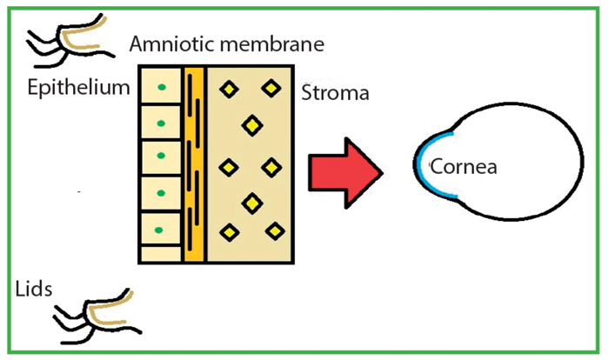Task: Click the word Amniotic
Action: (x=165, y=44)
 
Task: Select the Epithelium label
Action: (x=78, y=88)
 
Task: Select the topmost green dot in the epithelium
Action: (x=161, y=87)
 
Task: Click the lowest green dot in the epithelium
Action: (x=161, y=230)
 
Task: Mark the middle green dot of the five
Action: (x=161, y=158)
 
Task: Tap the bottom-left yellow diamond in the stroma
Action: (x=230, y=231)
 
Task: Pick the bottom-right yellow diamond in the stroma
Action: (x=275, y=231)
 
